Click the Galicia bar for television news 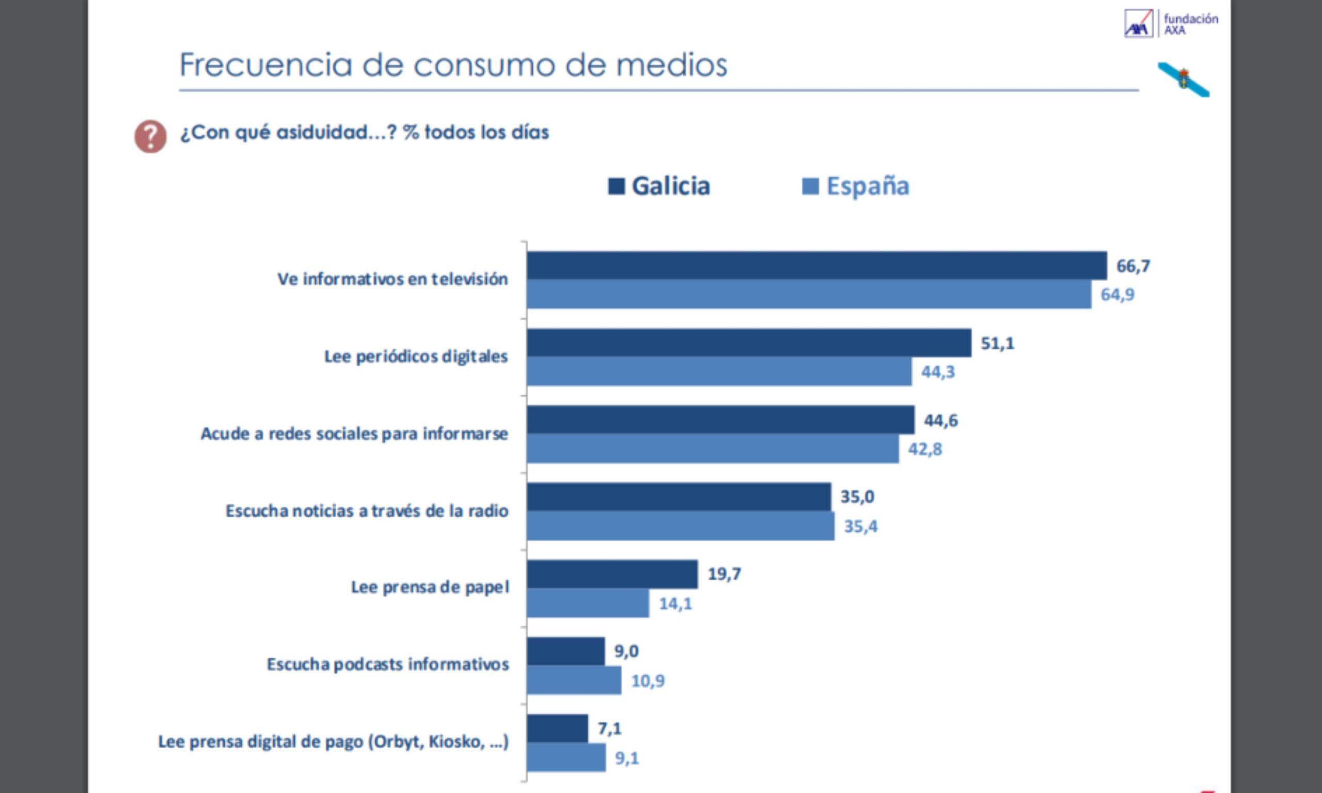(816, 265)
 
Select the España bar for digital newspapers (719, 371)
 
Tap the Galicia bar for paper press (612, 575)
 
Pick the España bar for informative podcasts (574, 680)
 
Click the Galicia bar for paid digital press (557, 728)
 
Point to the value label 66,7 (1133, 265)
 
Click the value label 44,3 (938, 372)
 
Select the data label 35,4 (860, 527)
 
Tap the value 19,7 (724, 574)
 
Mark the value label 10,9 (648, 681)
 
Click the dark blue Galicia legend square (616, 186)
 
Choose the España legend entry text (867, 186)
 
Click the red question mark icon (150, 136)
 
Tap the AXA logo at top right (1139, 24)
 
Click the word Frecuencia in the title (265, 65)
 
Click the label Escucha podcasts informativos (387, 664)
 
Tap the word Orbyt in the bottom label (398, 742)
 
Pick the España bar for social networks (712, 449)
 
